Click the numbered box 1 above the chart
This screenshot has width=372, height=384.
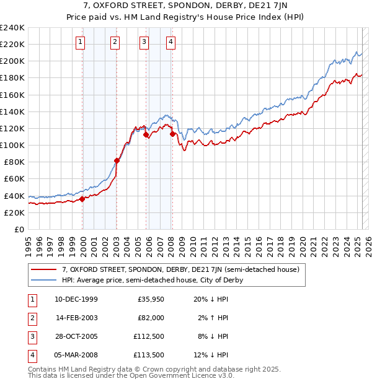pos(82,42)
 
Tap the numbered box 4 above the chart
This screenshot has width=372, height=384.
pos(170,42)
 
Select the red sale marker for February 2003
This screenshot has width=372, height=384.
pos(117,160)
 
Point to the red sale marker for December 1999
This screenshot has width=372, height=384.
pos(82,199)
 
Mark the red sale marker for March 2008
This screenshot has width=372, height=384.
pos(172,134)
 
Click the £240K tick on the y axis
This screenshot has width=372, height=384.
pos(12,28)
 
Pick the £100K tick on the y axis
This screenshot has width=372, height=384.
pos(12,145)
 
